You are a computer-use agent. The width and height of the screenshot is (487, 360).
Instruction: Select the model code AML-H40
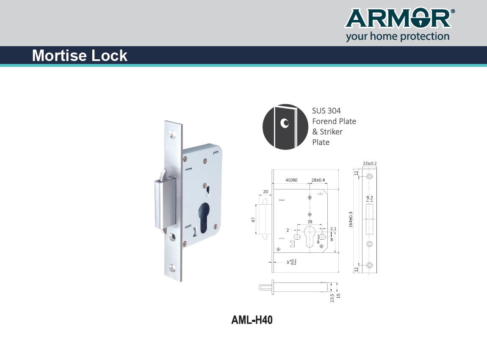(252, 320)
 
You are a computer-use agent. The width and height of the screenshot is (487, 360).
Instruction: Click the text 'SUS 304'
(326, 111)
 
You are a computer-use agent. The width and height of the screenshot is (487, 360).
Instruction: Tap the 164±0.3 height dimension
(351, 220)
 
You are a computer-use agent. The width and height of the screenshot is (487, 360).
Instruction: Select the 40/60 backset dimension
(291, 180)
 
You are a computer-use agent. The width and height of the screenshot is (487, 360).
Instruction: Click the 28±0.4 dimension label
(318, 180)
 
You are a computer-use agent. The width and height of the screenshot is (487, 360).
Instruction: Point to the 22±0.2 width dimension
(370, 163)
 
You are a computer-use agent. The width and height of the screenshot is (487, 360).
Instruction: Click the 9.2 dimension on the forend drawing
(369, 198)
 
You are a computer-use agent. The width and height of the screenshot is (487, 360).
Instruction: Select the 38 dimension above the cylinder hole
(310, 222)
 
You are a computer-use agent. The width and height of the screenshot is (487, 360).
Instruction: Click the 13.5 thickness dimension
(332, 298)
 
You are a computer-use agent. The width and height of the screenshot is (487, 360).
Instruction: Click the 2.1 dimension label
(333, 229)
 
